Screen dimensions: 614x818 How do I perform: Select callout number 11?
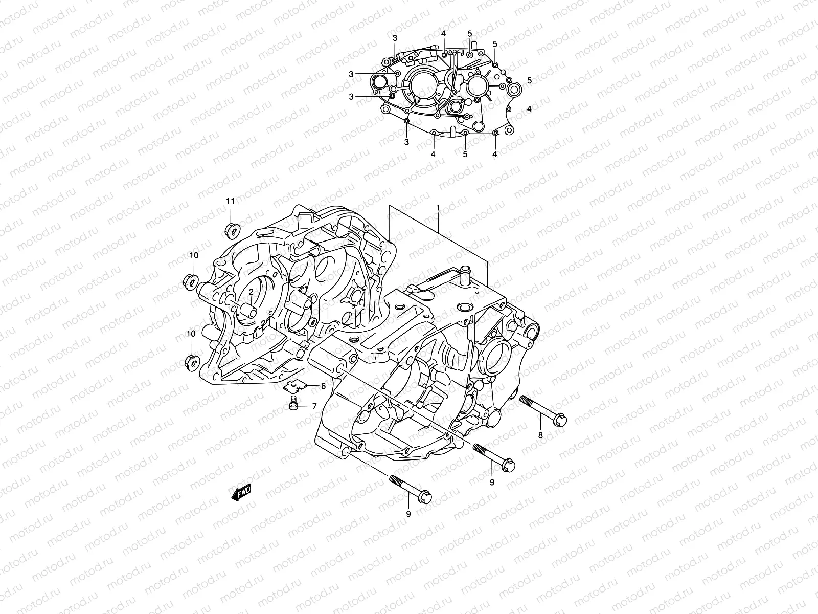[x=231, y=201]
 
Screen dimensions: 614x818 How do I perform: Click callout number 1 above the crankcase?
[x=438, y=208]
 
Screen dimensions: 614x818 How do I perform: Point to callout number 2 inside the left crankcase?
[x=252, y=291]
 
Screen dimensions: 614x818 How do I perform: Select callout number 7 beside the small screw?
[x=314, y=407]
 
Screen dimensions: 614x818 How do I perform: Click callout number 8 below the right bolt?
[x=541, y=435]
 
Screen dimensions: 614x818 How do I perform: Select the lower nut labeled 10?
[x=190, y=361]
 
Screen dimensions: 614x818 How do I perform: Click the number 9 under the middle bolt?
[x=492, y=481]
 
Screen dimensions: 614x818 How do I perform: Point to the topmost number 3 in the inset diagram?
[x=395, y=38]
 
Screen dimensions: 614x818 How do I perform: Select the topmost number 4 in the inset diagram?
[x=444, y=33]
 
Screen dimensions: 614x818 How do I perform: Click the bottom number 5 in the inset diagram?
[x=465, y=153]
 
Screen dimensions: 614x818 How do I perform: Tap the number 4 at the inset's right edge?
[x=529, y=108]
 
